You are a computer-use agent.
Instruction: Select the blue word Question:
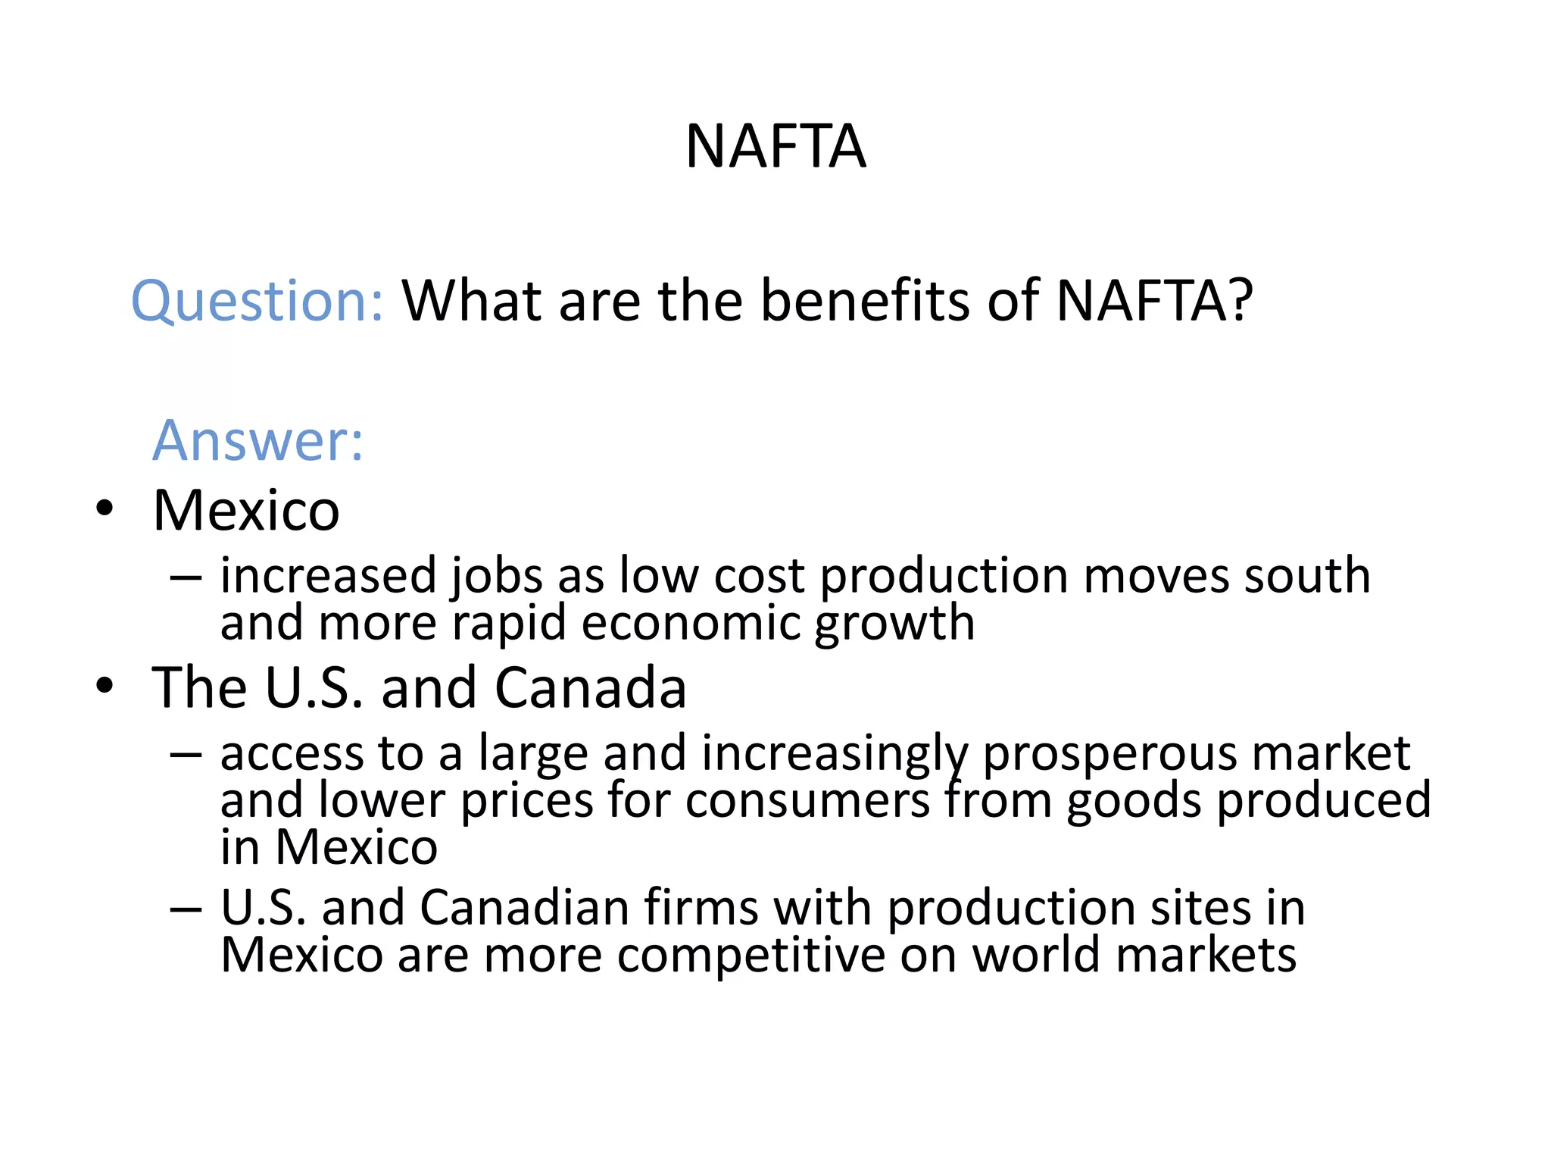coord(257,302)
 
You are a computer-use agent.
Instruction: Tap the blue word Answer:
coord(258,440)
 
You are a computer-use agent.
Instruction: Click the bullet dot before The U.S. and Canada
coord(105,685)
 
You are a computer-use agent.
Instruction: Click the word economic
coord(691,624)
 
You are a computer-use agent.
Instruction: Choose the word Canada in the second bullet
coord(591,688)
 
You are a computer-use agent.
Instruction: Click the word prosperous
coord(1109,755)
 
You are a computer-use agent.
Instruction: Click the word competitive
coord(751,956)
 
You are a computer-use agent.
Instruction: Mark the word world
coord(1036,955)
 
